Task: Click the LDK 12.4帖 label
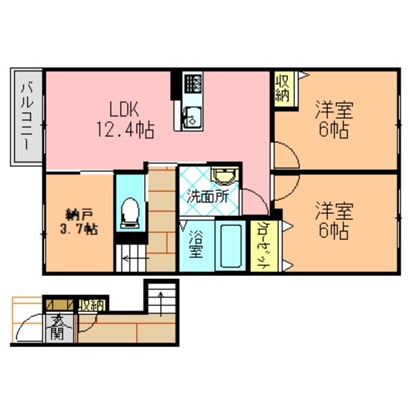click(126, 119)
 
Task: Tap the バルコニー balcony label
click(27, 116)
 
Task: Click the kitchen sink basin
click(192, 118)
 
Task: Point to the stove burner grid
click(193, 83)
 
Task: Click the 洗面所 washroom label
click(208, 197)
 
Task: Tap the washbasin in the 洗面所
click(225, 176)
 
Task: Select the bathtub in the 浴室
click(231, 246)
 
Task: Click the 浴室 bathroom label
click(196, 244)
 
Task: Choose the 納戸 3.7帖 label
click(79, 223)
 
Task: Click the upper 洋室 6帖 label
click(334, 119)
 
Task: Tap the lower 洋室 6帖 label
click(334, 220)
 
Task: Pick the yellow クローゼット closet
click(264, 246)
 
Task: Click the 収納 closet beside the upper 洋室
click(283, 89)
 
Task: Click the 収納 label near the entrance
click(92, 305)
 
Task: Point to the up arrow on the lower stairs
click(161, 303)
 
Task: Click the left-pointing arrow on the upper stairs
click(136, 259)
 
